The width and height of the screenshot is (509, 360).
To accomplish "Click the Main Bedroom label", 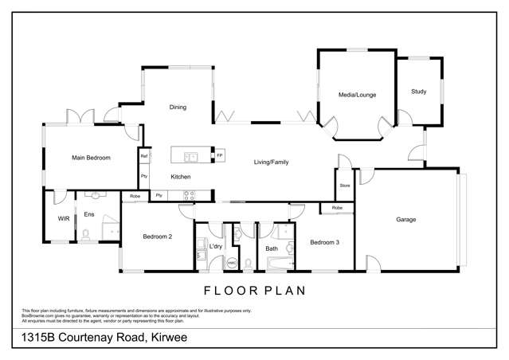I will [x=91, y=158].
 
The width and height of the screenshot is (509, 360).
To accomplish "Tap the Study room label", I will [x=418, y=92].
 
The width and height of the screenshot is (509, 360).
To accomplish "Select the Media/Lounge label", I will [x=356, y=95].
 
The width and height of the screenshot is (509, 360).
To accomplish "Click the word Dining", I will [x=178, y=108].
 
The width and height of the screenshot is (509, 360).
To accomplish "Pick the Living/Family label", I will [x=271, y=162].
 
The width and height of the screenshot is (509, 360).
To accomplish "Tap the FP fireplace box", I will [x=220, y=155].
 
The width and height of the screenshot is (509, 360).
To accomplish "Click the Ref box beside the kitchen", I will [x=144, y=155].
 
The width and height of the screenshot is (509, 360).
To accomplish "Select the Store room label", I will [x=344, y=186].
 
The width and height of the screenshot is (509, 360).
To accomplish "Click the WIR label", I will [x=64, y=217].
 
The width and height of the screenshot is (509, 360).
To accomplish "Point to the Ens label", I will [x=89, y=215].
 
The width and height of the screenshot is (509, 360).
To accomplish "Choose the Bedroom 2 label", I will [x=158, y=237].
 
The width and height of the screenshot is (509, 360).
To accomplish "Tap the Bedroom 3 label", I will [x=325, y=242].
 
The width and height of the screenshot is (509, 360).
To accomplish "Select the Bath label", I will [x=272, y=248].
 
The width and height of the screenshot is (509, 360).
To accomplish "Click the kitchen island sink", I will [x=191, y=155].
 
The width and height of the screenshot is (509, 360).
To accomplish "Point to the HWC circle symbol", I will [x=233, y=262].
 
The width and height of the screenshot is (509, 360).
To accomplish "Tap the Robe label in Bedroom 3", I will [x=337, y=208].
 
